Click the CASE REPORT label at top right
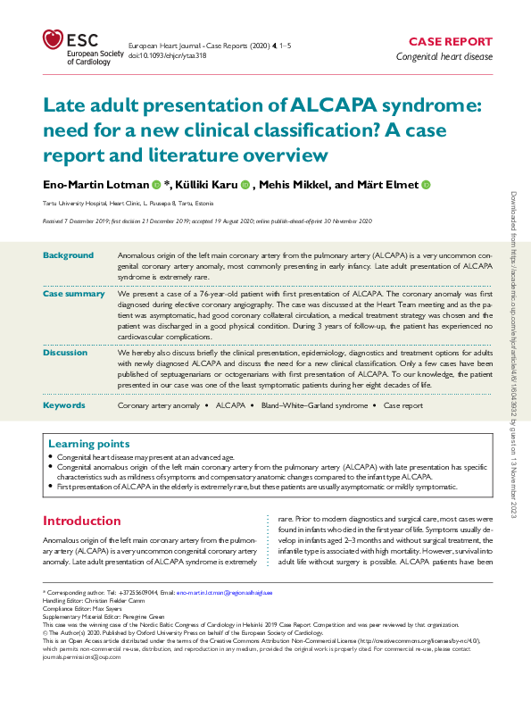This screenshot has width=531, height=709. pos(450,41)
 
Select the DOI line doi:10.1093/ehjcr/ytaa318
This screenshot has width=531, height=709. pos(169,54)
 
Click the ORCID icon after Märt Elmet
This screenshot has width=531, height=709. pos(426,185)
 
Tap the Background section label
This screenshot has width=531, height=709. pos(68,255)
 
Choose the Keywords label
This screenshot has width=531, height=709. pos(64,405)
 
